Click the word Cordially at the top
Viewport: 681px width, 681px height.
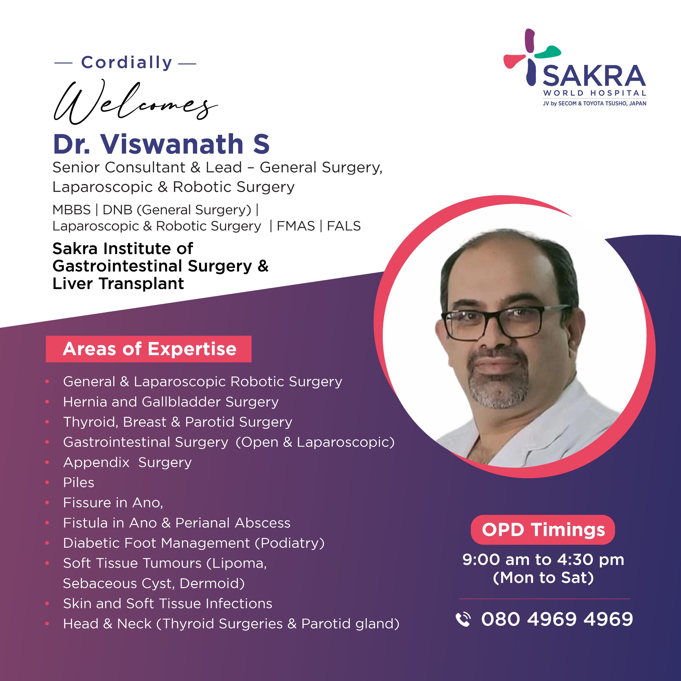127,63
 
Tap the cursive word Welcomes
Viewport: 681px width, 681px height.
135,102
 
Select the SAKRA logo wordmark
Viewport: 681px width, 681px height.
594,76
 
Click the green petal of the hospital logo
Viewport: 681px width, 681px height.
548,52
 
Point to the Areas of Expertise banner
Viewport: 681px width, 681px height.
149,349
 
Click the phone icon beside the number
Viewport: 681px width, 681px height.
463,619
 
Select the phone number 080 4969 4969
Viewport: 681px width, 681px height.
557,619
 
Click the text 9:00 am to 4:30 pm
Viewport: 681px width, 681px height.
543,560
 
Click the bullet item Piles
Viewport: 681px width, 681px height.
78,483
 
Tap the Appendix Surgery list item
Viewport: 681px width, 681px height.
127,462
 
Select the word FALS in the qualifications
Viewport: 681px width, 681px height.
344,226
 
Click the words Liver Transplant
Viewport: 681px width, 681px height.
118,283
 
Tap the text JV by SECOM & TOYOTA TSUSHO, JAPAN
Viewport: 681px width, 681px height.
594,103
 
